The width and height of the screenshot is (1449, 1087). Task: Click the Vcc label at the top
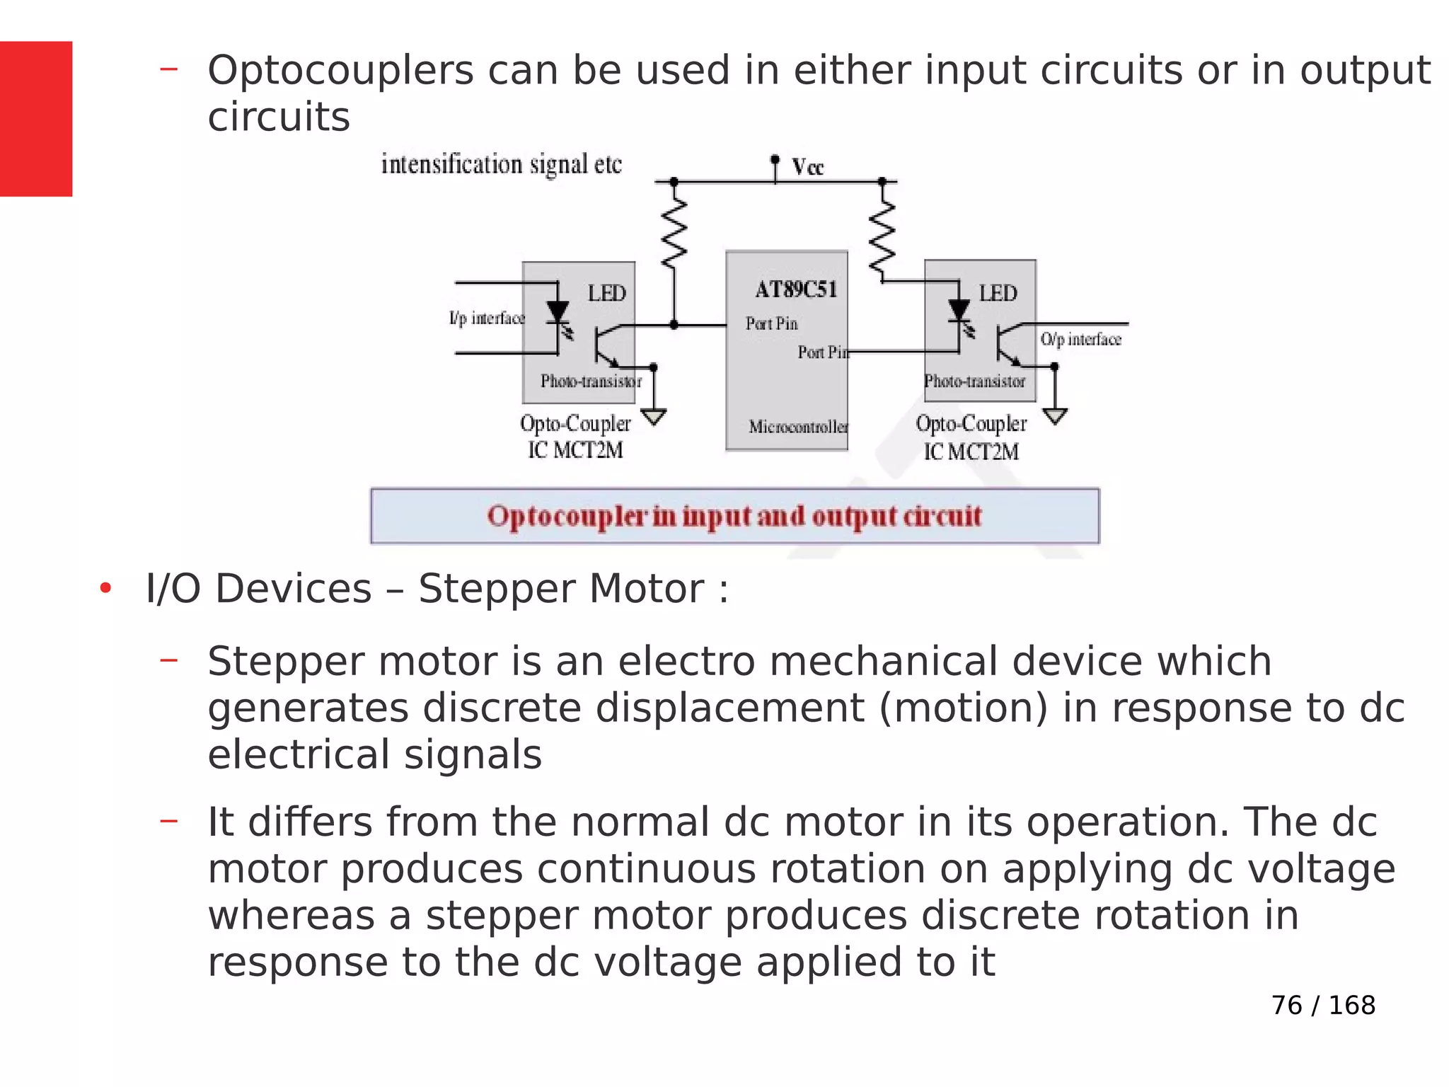pyautogui.click(x=807, y=168)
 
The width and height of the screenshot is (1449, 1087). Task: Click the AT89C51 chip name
pyautogui.click(x=796, y=289)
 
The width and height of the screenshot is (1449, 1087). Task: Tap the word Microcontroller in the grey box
pyautogui.click(x=798, y=427)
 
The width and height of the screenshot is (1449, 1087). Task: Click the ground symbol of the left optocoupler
pyautogui.click(x=654, y=417)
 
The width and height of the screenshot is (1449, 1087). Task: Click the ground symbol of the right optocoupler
pyautogui.click(x=1054, y=417)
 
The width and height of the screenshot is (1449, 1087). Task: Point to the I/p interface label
pyautogui.click(x=487, y=318)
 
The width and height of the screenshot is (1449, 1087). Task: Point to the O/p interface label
pyautogui.click(x=1080, y=340)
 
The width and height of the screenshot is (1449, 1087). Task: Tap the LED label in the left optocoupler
pyautogui.click(x=606, y=293)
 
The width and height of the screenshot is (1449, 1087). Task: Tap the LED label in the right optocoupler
pyautogui.click(x=998, y=293)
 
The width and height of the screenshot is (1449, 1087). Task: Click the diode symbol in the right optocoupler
pyautogui.click(x=959, y=310)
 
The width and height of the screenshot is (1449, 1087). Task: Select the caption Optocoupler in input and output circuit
pyautogui.click(x=734, y=516)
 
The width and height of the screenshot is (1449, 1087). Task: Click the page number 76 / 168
pyautogui.click(x=1322, y=1005)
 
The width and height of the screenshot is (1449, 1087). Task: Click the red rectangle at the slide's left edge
pyautogui.click(x=36, y=118)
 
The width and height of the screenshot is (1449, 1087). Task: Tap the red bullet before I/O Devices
pyautogui.click(x=105, y=588)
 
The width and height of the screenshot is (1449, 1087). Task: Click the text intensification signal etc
pyautogui.click(x=501, y=164)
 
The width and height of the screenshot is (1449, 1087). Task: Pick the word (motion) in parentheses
pyautogui.click(x=962, y=708)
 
